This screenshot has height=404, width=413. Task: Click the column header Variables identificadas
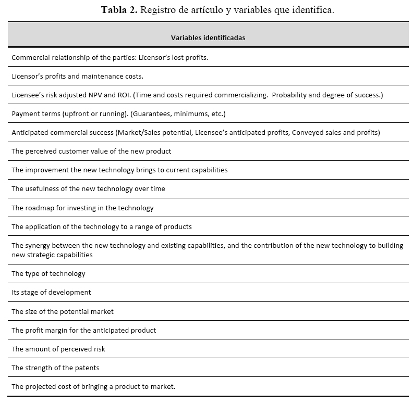pos(208,37)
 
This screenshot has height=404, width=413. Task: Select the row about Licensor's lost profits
pos(110,57)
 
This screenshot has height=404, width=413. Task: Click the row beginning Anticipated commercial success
pos(196,133)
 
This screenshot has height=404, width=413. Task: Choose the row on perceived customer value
pos(91,151)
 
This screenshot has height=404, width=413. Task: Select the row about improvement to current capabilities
pos(119,170)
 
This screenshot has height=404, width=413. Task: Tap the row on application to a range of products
pos(102,227)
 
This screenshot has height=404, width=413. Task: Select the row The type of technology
pos(48,274)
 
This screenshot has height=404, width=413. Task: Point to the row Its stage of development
pos(51,293)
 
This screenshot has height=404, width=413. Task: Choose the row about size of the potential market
pos(63,311)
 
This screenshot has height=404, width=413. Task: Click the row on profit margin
pos(83,330)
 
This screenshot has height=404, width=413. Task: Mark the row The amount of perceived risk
pos(58,349)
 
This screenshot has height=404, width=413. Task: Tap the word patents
pos(87,368)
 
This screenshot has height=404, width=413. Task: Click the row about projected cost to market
pos(93,387)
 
